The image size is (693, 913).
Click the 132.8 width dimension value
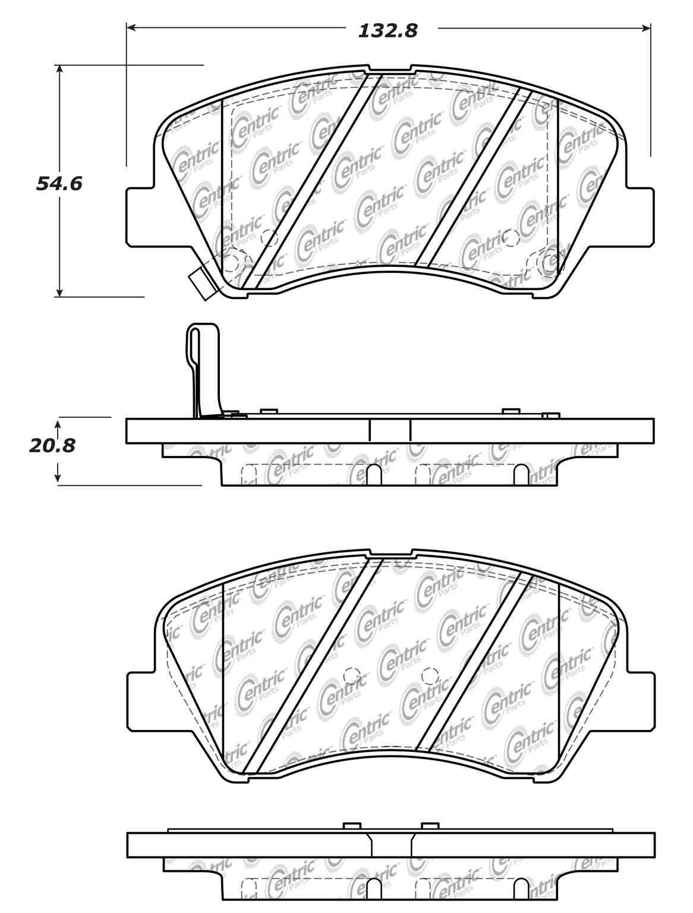[388, 30]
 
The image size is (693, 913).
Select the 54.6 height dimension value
[59, 184]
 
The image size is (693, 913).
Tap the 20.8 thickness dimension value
[52, 445]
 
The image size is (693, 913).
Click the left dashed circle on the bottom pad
[351, 675]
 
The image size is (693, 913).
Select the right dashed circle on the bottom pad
[429, 675]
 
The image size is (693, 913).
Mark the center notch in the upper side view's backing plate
[390, 430]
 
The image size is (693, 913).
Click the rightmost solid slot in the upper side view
[522, 475]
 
